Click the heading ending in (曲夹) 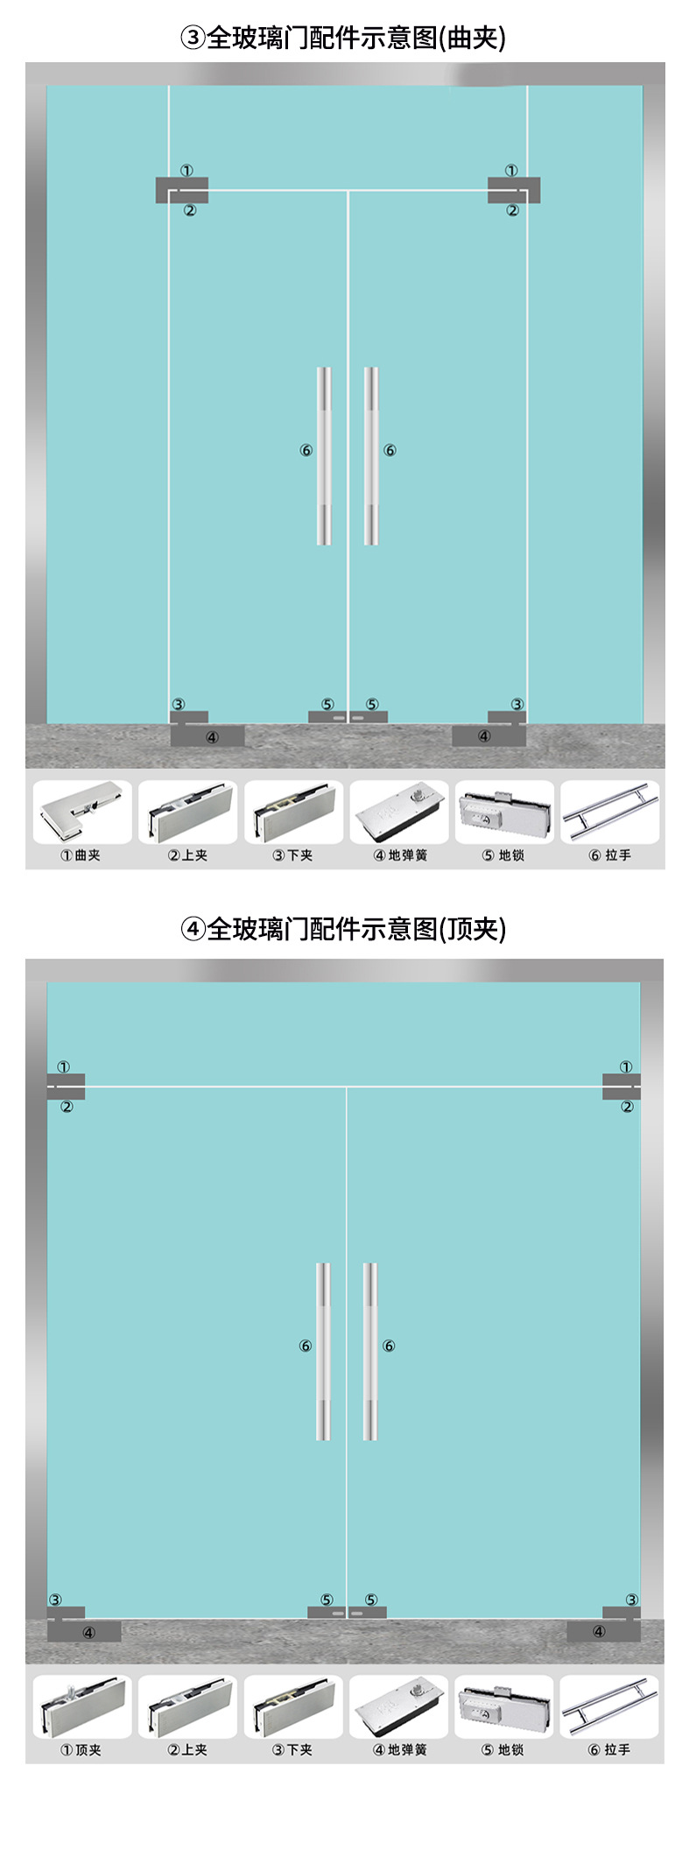coord(343,38)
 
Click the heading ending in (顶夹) coord(343,928)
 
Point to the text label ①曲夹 coord(81,855)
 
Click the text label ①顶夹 coord(81,1749)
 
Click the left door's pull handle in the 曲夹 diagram coord(324,455)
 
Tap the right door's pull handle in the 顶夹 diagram coord(370,1351)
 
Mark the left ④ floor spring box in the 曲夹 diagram coord(207,736)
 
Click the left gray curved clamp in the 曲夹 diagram coord(181,189)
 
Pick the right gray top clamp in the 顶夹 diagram coord(621,1086)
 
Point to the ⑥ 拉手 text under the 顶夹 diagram coord(609,1749)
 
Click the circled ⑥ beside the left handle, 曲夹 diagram coord(306,450)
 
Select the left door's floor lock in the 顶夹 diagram coord(325,1612)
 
